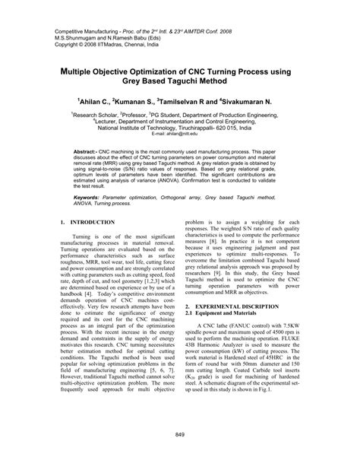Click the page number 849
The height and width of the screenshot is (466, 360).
pos(180,434)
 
